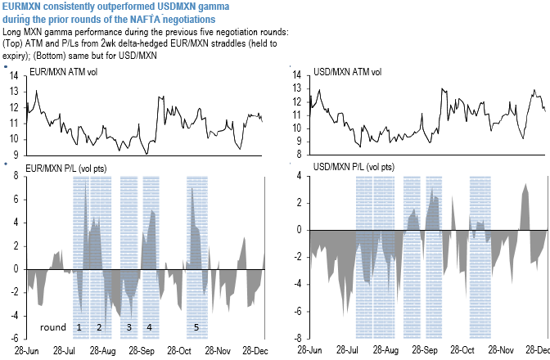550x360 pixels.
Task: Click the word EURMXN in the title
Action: (25, 6)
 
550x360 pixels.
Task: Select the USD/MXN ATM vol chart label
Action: (349, 72)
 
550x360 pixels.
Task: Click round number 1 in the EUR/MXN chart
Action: (79, 327)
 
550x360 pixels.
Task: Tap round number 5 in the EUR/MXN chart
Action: (196, 327)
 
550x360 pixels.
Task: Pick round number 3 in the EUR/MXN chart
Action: (128, 327)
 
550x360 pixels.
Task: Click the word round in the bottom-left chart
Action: (53, 327)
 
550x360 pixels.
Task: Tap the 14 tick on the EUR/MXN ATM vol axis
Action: (15, 75)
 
